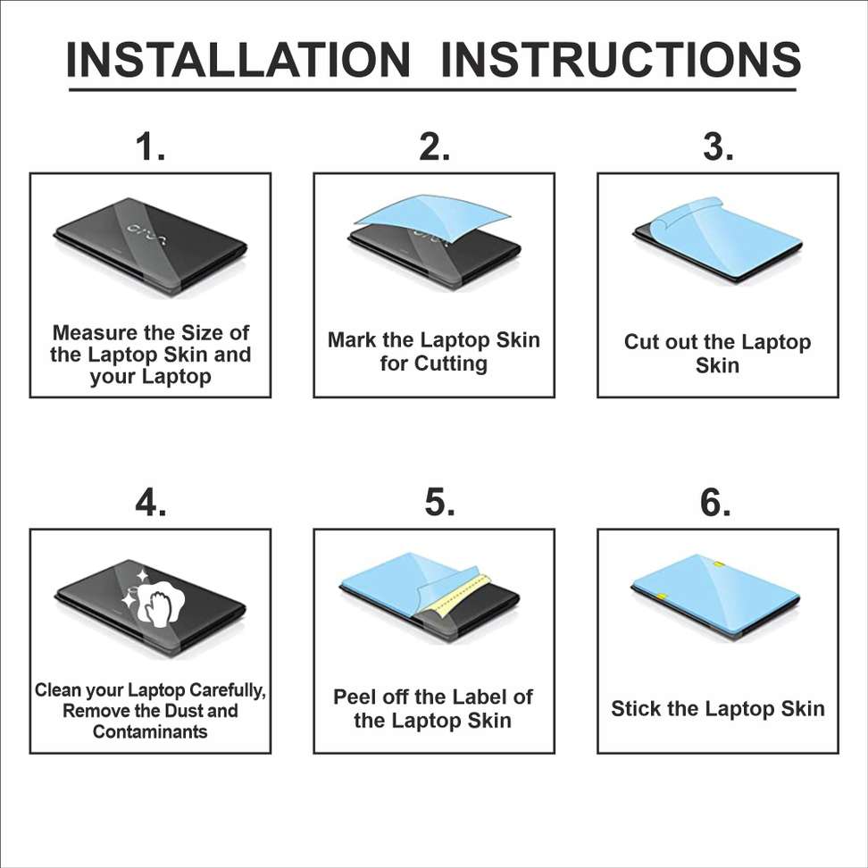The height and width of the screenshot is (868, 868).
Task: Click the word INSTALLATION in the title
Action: [x=238, y=60]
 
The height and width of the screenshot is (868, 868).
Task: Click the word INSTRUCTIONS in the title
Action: [x=621, y=60]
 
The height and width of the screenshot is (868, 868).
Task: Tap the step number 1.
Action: [x=150, y=146]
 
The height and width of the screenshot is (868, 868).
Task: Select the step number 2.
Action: [x=434, y=146]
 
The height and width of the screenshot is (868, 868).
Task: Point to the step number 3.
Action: [x=718, y=146]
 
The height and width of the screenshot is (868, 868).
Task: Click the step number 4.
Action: [x=150, y=503]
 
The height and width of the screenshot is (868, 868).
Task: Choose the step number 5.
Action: [x=438, y=503]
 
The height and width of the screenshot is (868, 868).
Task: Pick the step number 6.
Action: [x=715, y=503]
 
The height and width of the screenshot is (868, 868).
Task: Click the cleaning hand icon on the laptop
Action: [x=154, y=600]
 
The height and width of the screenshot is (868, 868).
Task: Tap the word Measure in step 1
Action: [x=95, y=333]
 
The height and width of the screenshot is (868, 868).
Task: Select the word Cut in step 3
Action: [x=641, y=343]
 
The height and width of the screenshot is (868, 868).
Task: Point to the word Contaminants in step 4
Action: [x=150, y=732]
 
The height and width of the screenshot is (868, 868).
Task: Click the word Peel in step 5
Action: [x=355, y=697]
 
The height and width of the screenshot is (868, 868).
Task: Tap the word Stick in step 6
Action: [x=636, y=709]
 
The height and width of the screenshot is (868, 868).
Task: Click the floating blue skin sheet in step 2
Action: [x=431, y=212]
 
